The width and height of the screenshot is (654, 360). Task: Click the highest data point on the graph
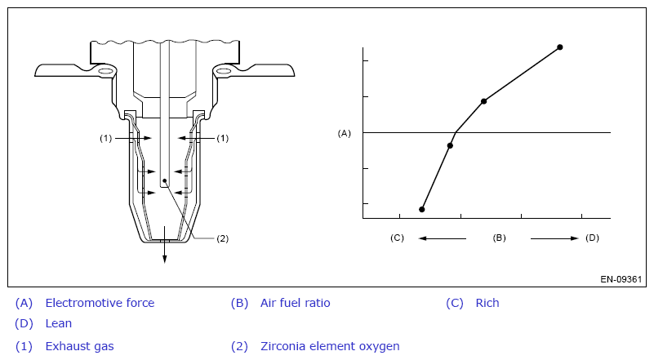[x=560, y=47]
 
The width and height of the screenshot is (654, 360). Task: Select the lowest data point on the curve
[x=421, y=210]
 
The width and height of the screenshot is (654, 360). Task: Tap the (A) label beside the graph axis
[x=344, y=133]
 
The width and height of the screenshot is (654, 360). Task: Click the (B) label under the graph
[x=499, y=238]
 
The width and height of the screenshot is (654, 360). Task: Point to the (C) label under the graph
[x=397, y=238]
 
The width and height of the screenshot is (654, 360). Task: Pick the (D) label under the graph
[x=592, y=238]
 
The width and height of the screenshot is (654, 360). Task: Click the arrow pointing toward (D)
[x=554, y=238]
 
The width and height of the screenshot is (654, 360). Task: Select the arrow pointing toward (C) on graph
[x=442, y=238]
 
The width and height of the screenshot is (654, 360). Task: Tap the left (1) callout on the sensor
[x=105, y=138]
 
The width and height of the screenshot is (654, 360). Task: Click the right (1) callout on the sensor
[x=223, y=138]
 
